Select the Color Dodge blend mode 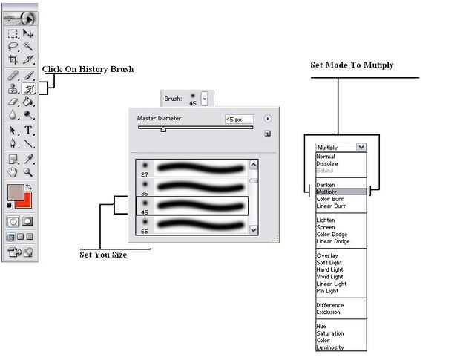click(x=331, y=235)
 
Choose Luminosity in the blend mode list click(x=330, y=347)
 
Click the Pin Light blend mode click(x=326, y=291)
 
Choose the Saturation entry click(x=329, y=333)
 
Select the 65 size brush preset click(x=193, y=224)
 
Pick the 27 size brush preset click(x=193, y=168)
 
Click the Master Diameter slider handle click(x=163, y=129)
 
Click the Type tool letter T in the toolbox click(x=28, y=131)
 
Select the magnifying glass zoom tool click(x=28, y=172)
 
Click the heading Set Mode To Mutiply click(x=352, y=65)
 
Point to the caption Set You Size click(x=103, y=255)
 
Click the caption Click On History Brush click(x=88, y=70)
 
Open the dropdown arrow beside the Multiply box click(x=361, y=148)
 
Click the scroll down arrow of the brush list click(x=254, y=230)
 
